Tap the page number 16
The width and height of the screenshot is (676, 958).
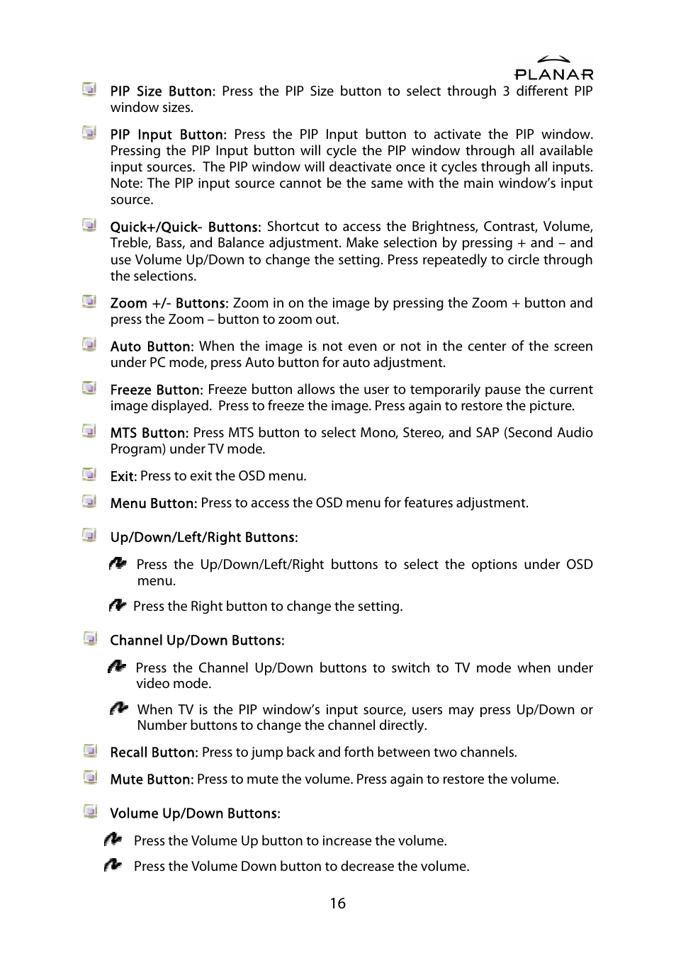337,903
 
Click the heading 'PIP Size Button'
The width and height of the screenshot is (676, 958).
161,91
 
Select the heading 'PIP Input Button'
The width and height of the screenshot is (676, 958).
167,135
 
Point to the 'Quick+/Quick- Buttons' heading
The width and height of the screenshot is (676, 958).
185,227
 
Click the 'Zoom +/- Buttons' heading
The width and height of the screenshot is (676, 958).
169,303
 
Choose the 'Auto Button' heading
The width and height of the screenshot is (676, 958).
150,346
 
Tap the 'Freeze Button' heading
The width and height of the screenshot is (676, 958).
156,390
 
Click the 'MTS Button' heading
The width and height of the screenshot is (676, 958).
149,433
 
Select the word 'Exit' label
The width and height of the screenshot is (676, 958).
123,476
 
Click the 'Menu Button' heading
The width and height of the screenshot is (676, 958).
153,503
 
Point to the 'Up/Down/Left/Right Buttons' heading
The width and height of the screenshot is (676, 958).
203,537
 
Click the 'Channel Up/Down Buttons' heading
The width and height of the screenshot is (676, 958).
196,641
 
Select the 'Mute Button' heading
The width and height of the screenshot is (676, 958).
151,779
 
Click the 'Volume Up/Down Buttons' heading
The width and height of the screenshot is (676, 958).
195,813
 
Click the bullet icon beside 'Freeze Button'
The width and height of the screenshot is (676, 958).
89,388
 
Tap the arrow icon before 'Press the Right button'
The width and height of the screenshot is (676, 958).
118,606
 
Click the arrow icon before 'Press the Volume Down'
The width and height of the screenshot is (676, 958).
113,865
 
